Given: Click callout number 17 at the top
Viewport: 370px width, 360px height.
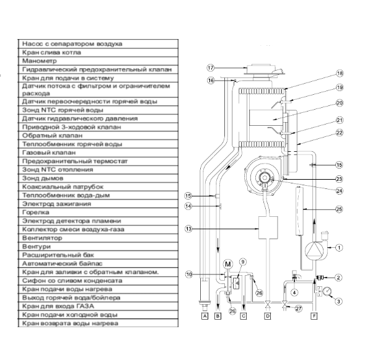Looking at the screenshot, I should (211, 68).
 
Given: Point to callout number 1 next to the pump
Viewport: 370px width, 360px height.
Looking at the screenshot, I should (339, 248).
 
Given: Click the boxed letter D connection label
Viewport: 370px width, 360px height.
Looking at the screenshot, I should (268, 316).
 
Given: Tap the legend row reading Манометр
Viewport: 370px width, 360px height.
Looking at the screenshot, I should (93, 62).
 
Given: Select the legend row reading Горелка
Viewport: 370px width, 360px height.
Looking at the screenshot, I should (93, 211).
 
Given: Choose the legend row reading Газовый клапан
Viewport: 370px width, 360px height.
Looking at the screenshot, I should (93, 152).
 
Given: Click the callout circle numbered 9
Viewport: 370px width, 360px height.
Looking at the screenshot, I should (243, 261).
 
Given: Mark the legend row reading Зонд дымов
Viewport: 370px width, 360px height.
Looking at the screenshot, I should (93, 177).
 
